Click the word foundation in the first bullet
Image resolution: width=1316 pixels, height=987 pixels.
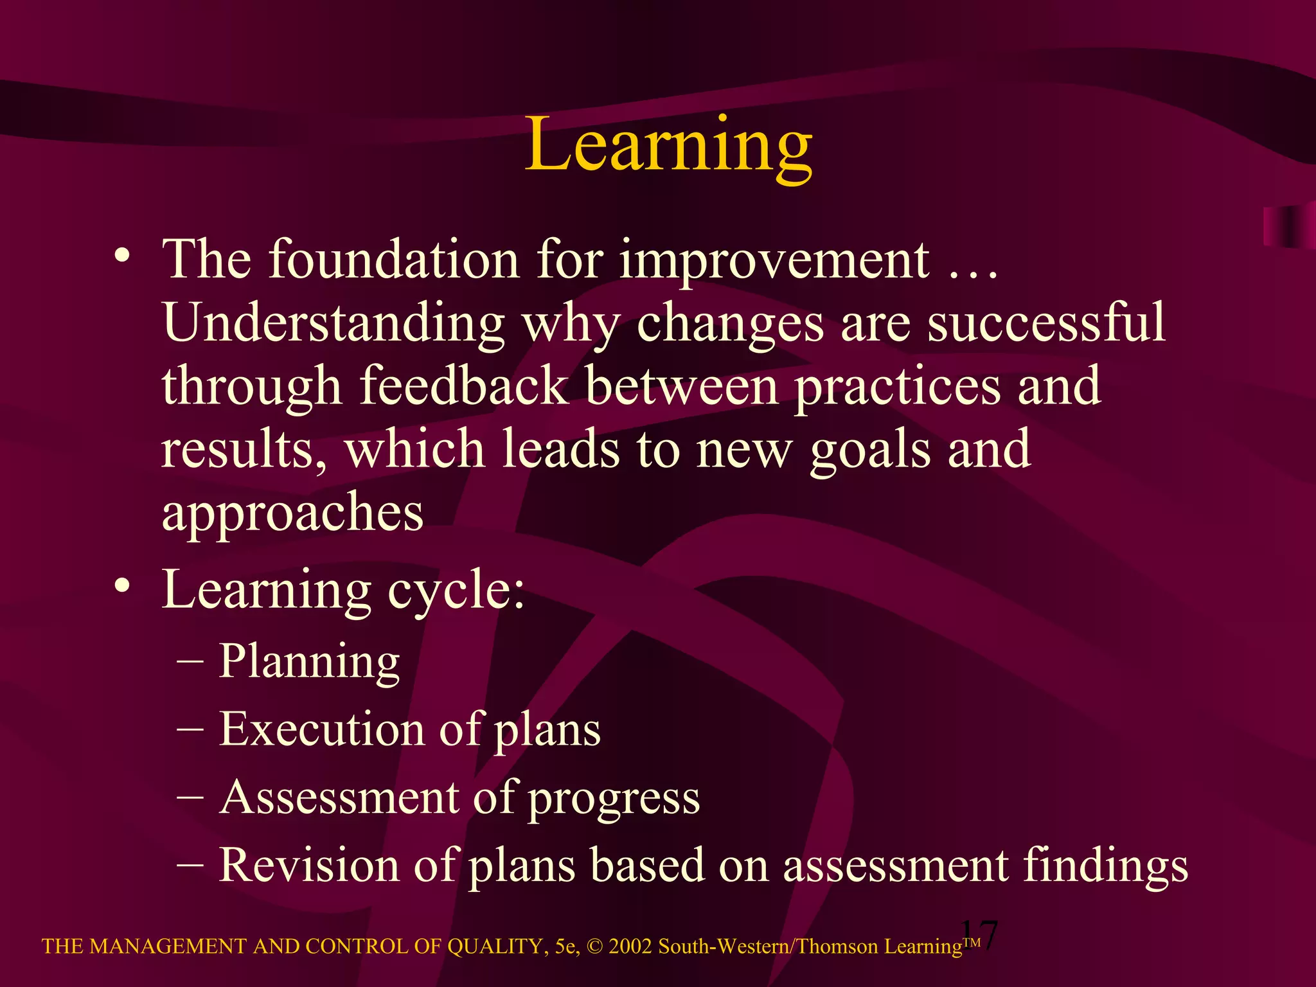tap(393, 259)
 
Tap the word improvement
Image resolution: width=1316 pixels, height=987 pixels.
tap(774, 260)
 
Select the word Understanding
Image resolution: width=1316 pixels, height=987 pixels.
tap(333, 323)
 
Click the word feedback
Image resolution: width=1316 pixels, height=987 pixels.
tap(463, 385)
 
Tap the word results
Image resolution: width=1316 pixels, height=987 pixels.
tap(243, 449)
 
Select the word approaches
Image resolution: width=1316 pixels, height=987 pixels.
tap(292, 512)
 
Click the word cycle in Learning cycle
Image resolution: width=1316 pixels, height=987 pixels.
tap(455, 590)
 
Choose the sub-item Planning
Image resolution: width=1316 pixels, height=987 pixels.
tap(309, 661)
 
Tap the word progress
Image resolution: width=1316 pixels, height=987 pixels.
tap(614, 799)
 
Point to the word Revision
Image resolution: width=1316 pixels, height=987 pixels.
tap(308, 864)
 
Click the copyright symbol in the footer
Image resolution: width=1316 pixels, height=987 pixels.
tap(594, 947)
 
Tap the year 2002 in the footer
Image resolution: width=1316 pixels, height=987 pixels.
tap(630, 947)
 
